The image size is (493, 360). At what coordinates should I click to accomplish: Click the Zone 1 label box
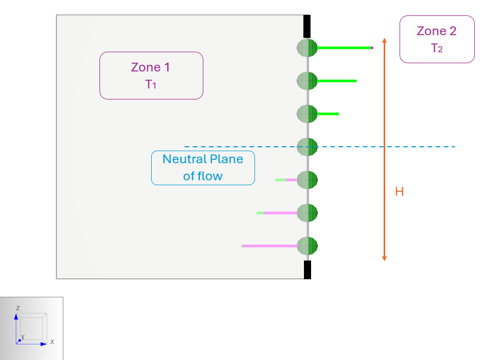coord(151,75)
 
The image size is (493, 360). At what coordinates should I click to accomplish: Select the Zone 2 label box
coord(436,39)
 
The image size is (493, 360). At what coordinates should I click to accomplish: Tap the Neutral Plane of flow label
coord(203,168)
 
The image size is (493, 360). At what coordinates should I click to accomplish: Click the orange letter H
coord(400,192)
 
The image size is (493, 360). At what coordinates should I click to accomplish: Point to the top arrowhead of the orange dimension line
coord(384,40)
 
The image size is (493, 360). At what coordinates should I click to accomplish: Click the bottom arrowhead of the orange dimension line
coord(384,258)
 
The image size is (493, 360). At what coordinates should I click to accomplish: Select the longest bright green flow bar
coord(345,48)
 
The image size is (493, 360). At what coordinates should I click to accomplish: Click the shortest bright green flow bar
coord(328,114)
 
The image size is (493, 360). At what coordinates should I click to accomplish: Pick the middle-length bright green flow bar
coord(337,81)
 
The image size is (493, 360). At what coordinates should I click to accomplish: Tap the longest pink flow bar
coord(269,246)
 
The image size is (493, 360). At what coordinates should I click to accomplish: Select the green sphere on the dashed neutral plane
coord(307,147)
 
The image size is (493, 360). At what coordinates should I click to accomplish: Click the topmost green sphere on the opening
coord(307,48)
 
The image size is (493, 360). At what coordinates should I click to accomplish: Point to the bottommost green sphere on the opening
coord(307,246)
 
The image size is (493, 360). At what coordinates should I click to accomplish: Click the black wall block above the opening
coord(307,26)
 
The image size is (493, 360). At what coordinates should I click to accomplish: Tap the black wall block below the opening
coord(307,269)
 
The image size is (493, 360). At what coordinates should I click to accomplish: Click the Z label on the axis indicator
coord(18,308)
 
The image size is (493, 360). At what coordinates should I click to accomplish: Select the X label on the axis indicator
coord(52,342)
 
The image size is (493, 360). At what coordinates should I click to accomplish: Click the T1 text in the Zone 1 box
coord(151,84)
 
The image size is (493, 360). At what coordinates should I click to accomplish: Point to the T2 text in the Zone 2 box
coord(436,48)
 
